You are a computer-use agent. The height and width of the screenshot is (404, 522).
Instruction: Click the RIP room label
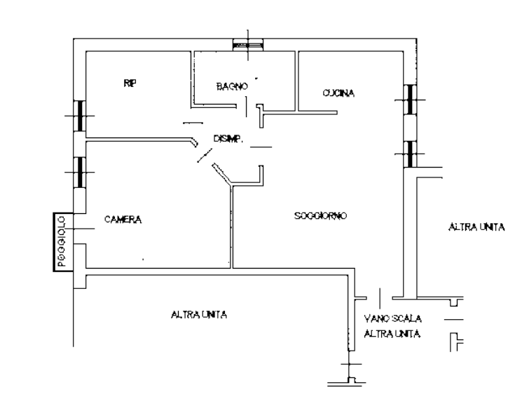pos(129,83)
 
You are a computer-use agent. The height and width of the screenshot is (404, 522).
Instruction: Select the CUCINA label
pos(339,93)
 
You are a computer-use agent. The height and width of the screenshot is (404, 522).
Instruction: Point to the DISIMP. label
pos(227,139)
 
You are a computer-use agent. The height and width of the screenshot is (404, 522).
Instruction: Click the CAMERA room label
pos(123,220)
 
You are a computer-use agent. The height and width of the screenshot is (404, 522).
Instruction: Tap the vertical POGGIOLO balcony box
pos(60,241)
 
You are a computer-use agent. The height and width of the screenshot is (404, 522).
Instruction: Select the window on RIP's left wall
pos(80,115)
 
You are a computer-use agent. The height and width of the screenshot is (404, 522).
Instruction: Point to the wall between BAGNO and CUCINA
pos(297,81)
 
